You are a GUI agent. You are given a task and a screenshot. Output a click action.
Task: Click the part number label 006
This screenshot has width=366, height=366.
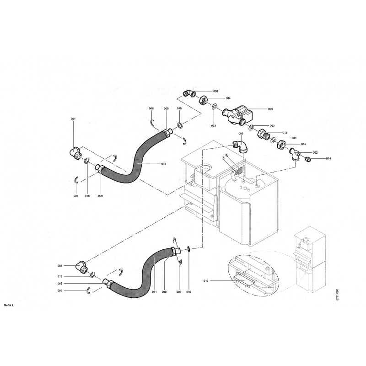point(215,91)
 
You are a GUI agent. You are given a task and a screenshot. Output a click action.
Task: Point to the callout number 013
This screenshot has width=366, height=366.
point(285,132)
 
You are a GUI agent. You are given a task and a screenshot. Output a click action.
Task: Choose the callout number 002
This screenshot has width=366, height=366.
point(315,152)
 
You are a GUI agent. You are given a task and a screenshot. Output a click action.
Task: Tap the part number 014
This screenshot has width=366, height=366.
point(328,159)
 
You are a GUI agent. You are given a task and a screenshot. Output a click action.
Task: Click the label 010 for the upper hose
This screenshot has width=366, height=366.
point(163,163)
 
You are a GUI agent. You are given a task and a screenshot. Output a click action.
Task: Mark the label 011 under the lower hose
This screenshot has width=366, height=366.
point(154,291)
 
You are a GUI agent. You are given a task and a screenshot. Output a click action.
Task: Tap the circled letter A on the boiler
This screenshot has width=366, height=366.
point(224,157)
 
